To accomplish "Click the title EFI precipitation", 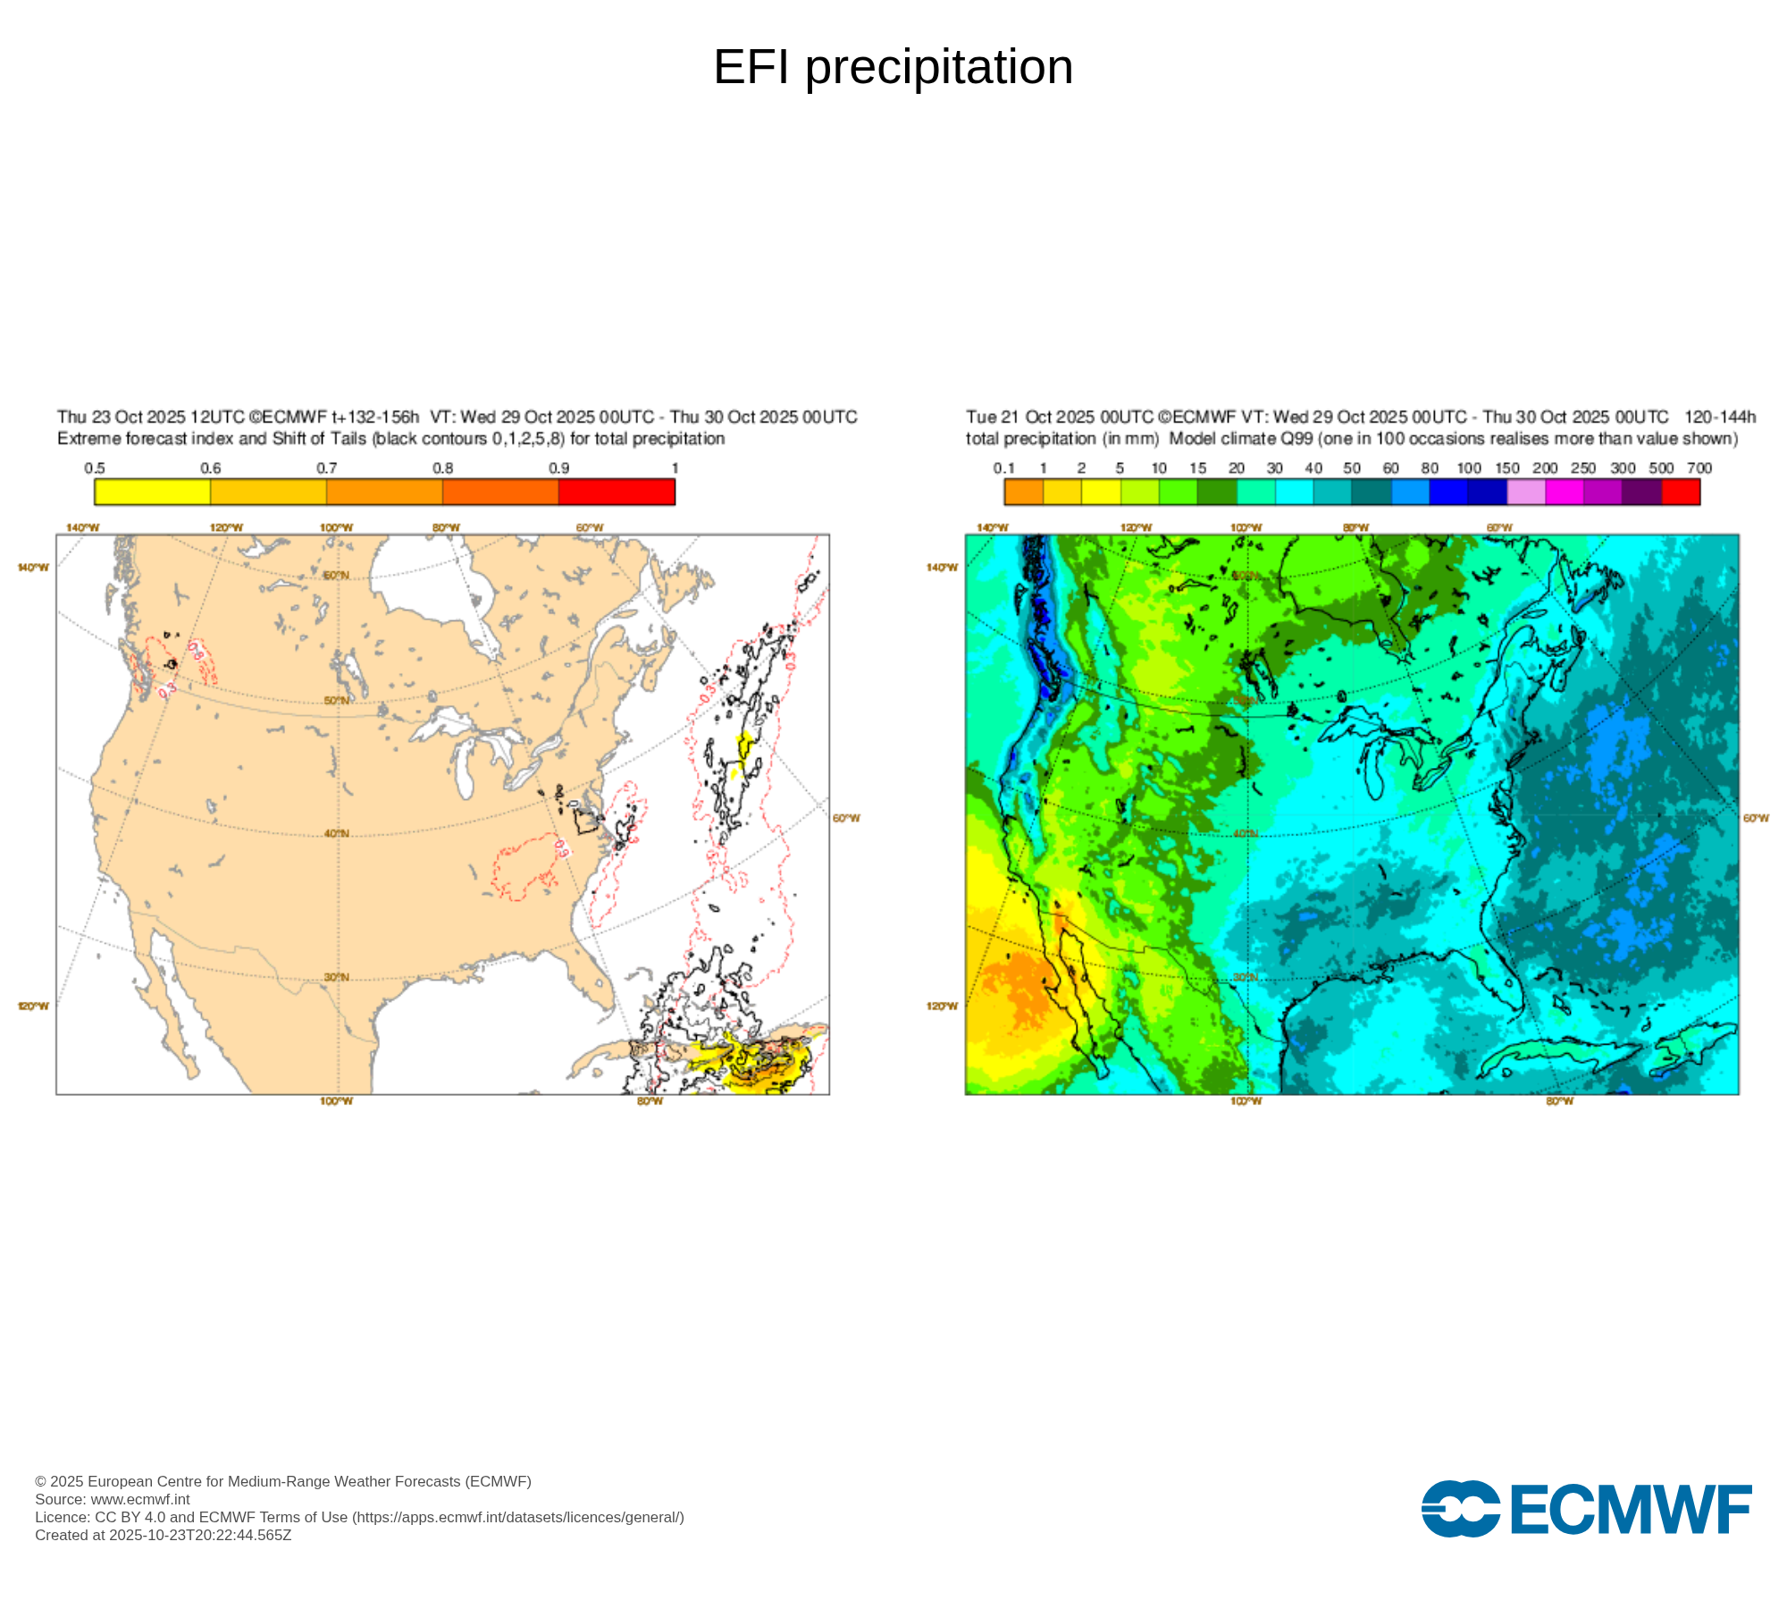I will (x=893, y=67).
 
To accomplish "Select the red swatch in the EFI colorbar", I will (x=617, y=492).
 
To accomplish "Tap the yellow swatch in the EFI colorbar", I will (x=152, y=492).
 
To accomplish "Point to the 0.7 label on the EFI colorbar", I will (x=327, y=468).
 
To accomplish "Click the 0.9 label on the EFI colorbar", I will (x=558, y=468).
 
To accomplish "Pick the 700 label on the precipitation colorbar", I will (x=1699, y=468).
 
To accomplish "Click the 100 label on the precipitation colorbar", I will (x=1468, y=468).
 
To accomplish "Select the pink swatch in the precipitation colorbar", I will (x=1526, y=492).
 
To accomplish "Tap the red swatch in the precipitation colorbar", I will (x=1681, y=492).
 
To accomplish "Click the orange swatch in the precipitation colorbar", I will (x=1023, y=492).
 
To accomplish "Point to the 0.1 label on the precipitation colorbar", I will (x=1003, y=468).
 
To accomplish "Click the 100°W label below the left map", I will (x=336, y=1101).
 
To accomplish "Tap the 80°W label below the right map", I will (x=1559, y=1101).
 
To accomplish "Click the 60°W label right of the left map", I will (x=846, y=818).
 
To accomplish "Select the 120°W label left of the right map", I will (x=942, y=1007).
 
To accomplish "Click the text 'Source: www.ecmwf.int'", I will (x=113, y=1499).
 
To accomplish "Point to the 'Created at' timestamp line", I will (x=164, y=1535).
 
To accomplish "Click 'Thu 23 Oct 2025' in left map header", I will (x=122, y=417).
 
